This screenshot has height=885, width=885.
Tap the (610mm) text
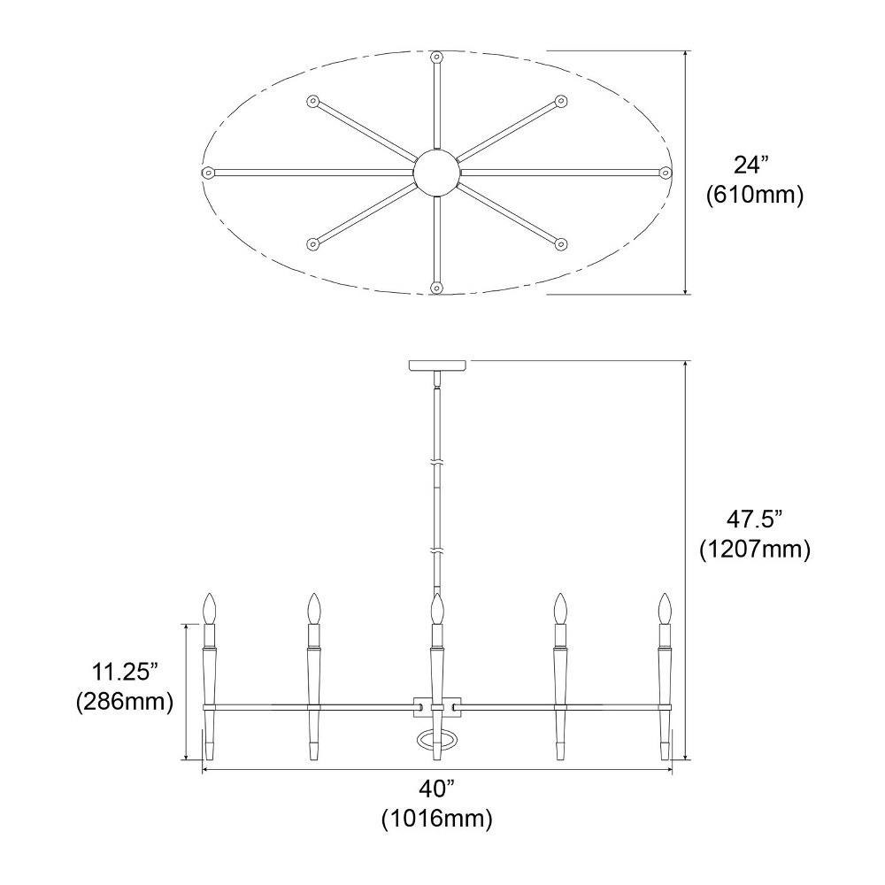tap(755, 195)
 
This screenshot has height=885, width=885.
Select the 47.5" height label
tap(755, 519)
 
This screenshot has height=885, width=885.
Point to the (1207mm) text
tap(755, 549)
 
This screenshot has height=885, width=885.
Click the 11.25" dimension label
tap(125, 672)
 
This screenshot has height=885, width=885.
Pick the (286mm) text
tap(125, 702)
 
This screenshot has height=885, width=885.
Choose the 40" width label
tap(436, 789)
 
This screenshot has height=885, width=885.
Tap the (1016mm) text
tap(436, 819)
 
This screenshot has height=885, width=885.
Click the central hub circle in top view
tap(437, 173)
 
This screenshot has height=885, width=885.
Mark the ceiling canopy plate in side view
tap(437, 366)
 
